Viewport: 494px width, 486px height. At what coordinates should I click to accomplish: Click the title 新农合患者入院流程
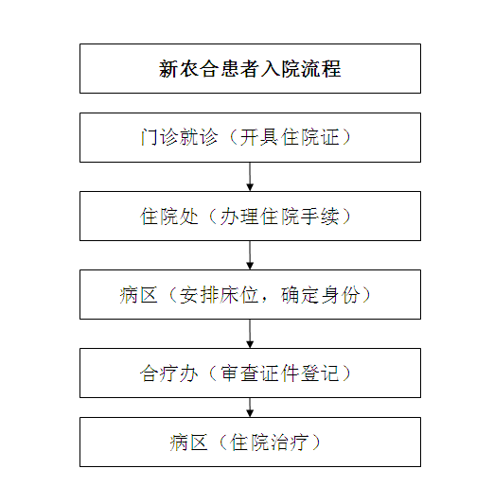[250, 69]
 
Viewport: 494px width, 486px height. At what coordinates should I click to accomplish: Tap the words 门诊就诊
[179, 137]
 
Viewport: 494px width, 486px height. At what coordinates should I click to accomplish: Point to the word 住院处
[169, 217]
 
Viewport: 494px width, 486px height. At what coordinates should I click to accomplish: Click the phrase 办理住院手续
[280, 217]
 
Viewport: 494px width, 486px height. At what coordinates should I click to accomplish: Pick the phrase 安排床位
[219, 295]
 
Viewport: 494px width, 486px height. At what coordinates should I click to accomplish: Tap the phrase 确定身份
[320, 295]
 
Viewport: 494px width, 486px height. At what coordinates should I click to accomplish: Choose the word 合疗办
[169, 373]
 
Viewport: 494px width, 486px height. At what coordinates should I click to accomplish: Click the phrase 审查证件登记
[280, 373]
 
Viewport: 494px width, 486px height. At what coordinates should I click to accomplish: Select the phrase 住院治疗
[269, 443]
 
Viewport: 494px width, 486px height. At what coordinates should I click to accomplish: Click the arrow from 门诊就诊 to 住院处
[250, 177]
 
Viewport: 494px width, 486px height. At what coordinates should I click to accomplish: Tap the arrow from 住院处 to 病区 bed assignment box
[250, 255]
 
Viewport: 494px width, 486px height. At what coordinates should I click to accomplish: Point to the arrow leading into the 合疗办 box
[250, 334]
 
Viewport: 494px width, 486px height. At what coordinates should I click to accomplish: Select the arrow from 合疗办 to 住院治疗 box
[250, 408]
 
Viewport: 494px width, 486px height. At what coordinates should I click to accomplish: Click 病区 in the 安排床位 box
[138, 295]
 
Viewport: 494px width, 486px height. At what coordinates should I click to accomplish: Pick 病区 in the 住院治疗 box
[188, 443]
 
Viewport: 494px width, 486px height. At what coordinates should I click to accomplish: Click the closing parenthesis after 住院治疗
[316, 443]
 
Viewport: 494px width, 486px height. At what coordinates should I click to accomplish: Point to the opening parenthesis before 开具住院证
[234, 137]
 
